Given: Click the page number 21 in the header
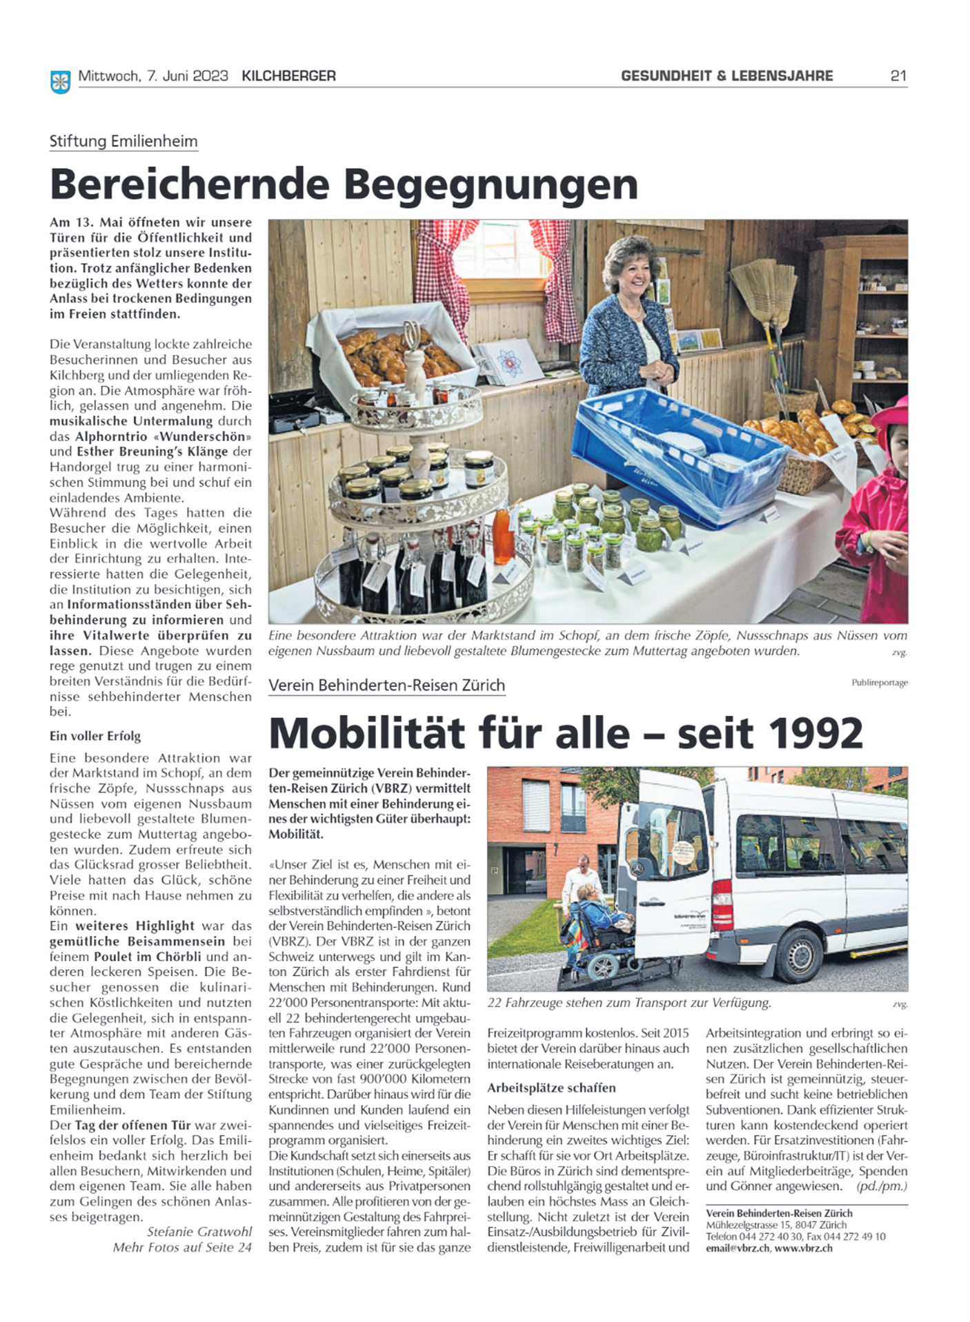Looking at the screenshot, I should click(898, 76).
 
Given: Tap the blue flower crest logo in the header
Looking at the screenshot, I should click(61, 81).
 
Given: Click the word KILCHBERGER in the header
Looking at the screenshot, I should click(288, 76).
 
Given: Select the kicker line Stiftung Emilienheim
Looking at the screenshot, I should click(123, 142).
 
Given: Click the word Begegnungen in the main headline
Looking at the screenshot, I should click(491, 184).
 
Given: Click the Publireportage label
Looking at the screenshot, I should click(880, 683).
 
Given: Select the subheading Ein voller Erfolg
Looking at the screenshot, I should click(95, 736).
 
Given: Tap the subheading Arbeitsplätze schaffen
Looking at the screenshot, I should click(551, 1087).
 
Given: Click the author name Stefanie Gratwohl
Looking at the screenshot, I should click(199, 1232).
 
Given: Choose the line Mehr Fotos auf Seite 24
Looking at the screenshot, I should click(182, 1247).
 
